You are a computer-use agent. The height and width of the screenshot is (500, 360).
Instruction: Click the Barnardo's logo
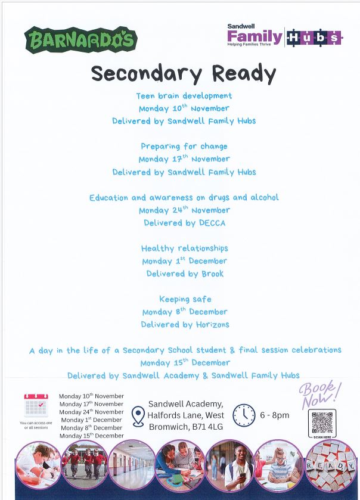(81, 40)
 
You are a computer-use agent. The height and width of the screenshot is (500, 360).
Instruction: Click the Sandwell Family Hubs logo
(284, 36)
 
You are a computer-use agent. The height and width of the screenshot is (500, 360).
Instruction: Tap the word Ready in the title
(245, 73)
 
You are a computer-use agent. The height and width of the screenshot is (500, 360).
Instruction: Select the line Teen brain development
(184, 95)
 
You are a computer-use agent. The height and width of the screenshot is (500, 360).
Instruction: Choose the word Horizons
(209, 325)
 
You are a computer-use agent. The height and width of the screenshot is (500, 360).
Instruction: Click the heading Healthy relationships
(184, 249)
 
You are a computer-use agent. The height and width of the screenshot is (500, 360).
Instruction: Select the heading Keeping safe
(185, 299)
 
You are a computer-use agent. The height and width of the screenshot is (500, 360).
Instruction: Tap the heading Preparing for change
(184, 146)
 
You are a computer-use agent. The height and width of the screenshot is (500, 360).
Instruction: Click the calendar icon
(36, 405)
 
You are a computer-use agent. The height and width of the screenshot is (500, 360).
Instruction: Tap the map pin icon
(138, 415)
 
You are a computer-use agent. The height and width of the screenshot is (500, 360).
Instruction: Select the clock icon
(244, 415)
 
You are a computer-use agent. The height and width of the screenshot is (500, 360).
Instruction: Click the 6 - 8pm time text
(275, 415)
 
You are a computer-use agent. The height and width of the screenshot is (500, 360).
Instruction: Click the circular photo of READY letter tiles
(330, 465)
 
